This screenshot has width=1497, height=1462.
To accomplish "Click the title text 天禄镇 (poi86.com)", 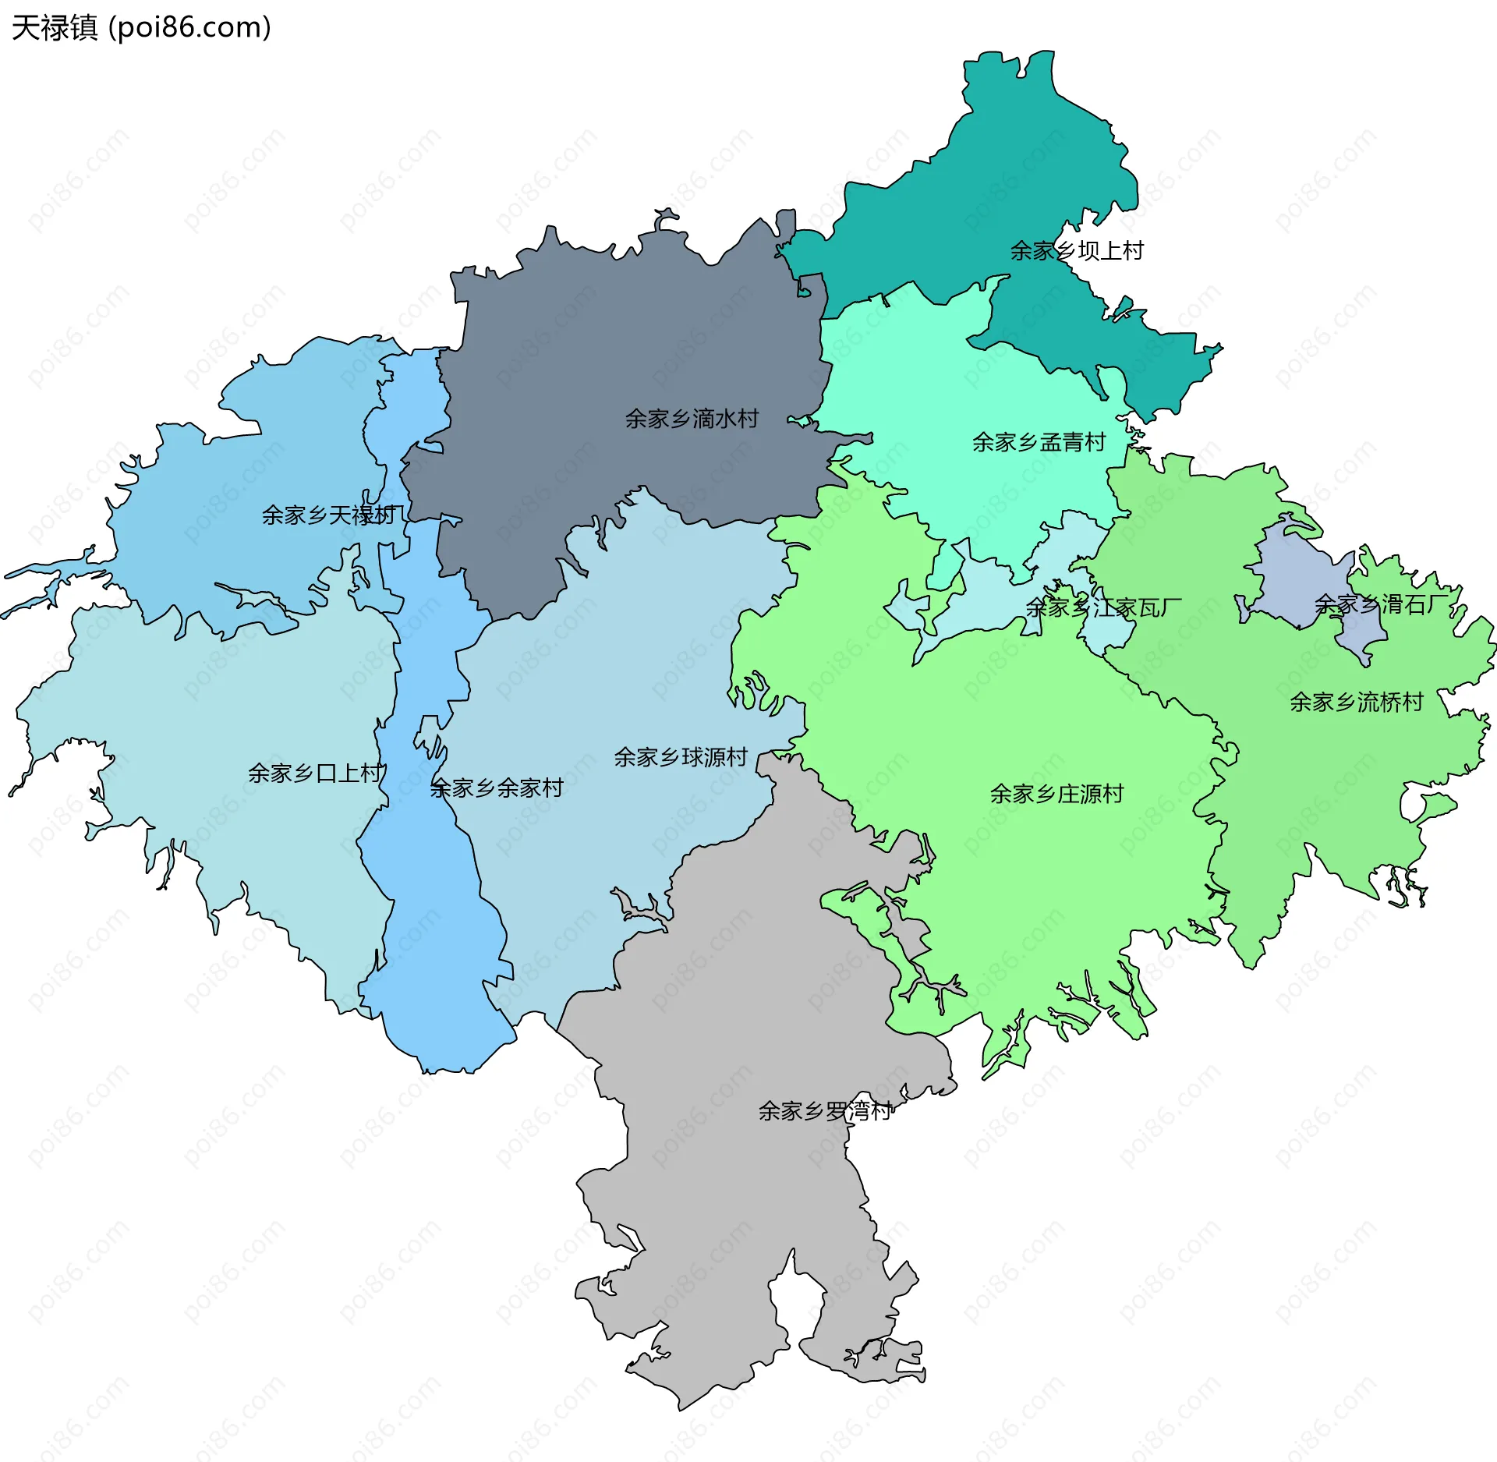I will pyautogui.click(x=140, y=28).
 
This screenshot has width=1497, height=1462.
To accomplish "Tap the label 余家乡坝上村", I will pyautogui.click(x=1076, y=251).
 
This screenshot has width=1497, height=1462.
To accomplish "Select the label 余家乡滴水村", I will pyautogui.click(x=692, y=419).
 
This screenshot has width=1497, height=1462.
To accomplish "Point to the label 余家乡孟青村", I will pyautogui.click(x=1039, y=443).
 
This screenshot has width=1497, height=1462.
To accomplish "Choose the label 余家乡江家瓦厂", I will pyautogui.click(x=1103, y=607).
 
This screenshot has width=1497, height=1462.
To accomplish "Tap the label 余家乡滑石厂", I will pyautogui.click(x=1381, y=604).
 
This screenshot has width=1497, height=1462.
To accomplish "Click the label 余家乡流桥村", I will pyautogui.click(x=1356, y=703).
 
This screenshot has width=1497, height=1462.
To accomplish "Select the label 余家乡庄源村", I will pyautogui.click(x=1056, y=795).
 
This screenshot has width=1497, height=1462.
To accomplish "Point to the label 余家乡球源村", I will pyautogui.click(x=680, y=758).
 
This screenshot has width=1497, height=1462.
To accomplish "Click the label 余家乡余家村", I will pyautogui.click(x=497, y=788).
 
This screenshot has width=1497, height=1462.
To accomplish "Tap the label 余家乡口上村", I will pyautogui.click(x=315, y=773).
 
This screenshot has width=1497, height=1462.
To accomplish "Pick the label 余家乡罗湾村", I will pyautogui.click(x=825, y=1111).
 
